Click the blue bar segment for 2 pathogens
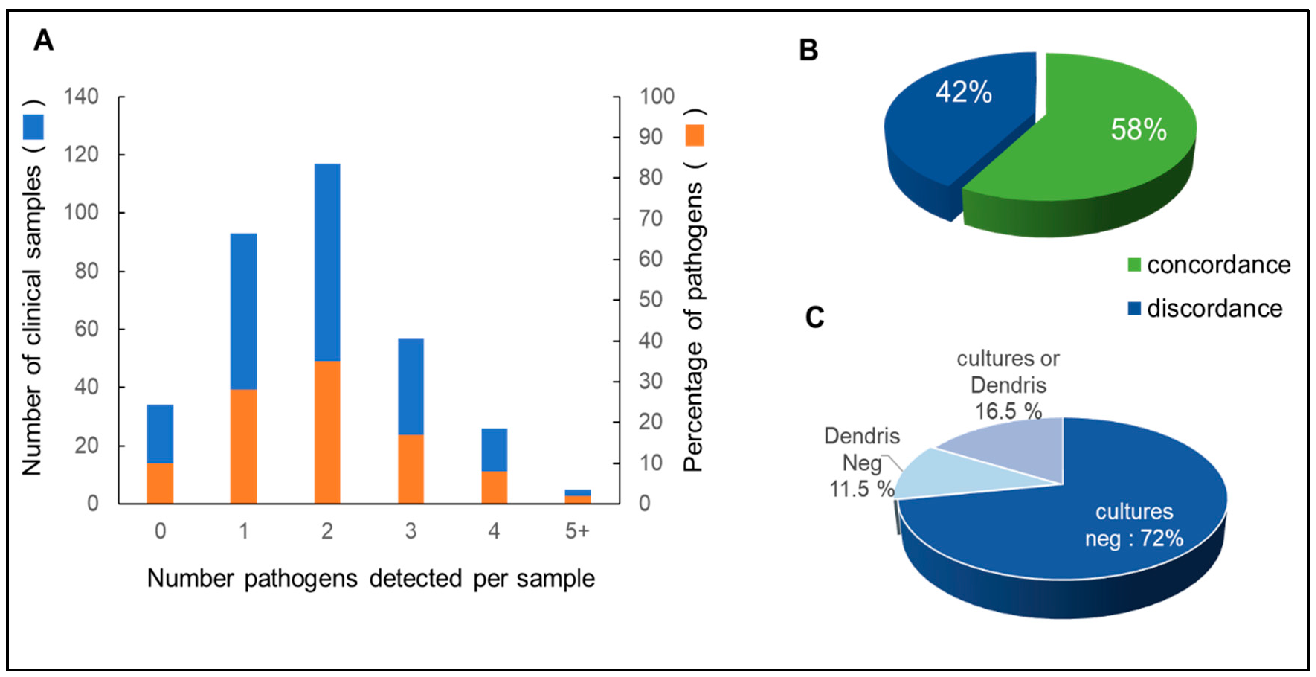[x=327, y=262]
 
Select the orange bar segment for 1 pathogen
[x=243, y=446]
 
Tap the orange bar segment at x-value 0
[x=160, y=483]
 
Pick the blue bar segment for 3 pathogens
[x=411, y=386]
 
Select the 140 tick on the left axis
[x=81, y=97]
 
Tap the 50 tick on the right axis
[x=650, y=300]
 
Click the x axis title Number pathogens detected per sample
[x=371, y=579]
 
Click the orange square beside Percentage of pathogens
[x=695, y=135]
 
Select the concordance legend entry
[x=1209, y=265]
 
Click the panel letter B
[x=808, y=51]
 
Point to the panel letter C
[x=814, y=317]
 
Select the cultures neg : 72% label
[x=1134, y=525]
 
